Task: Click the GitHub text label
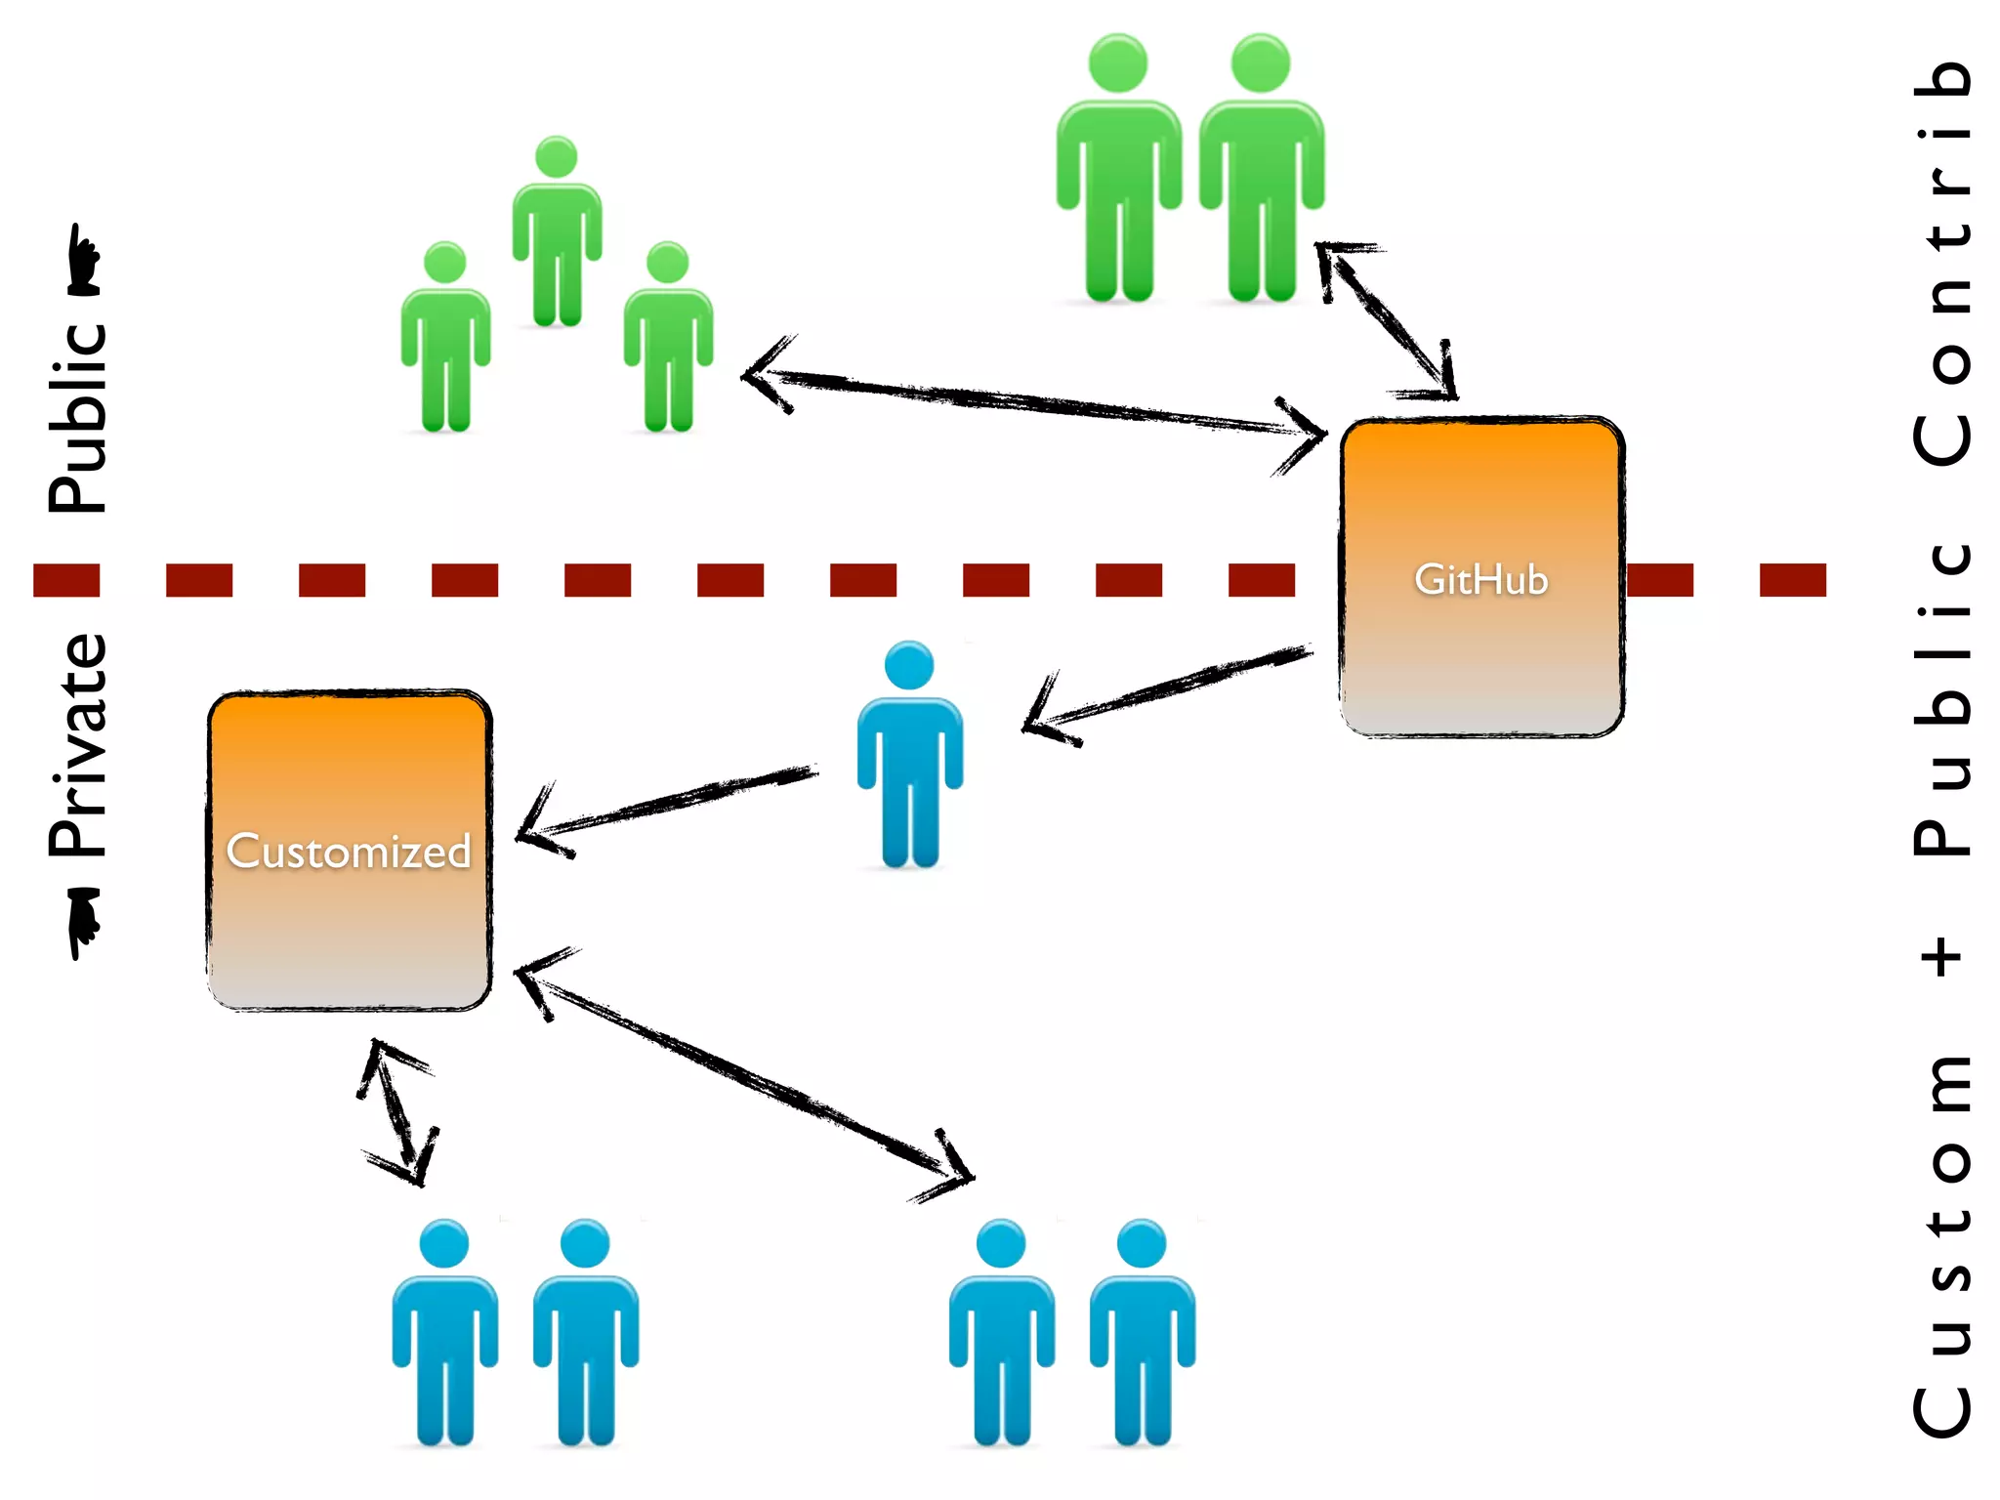click(1480, 579)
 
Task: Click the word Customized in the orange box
click(349, 852)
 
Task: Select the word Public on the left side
click(78, 418)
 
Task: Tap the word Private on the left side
click(78, 745)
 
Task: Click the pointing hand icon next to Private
click(84, 922)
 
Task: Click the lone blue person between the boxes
click(909, 757)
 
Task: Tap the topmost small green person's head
click(557, 157)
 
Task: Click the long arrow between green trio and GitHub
click(1035, 401)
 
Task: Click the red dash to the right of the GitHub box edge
click(1660, 580)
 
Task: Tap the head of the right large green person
click(1260, 62)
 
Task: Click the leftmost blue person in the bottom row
click(444, 1333)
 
